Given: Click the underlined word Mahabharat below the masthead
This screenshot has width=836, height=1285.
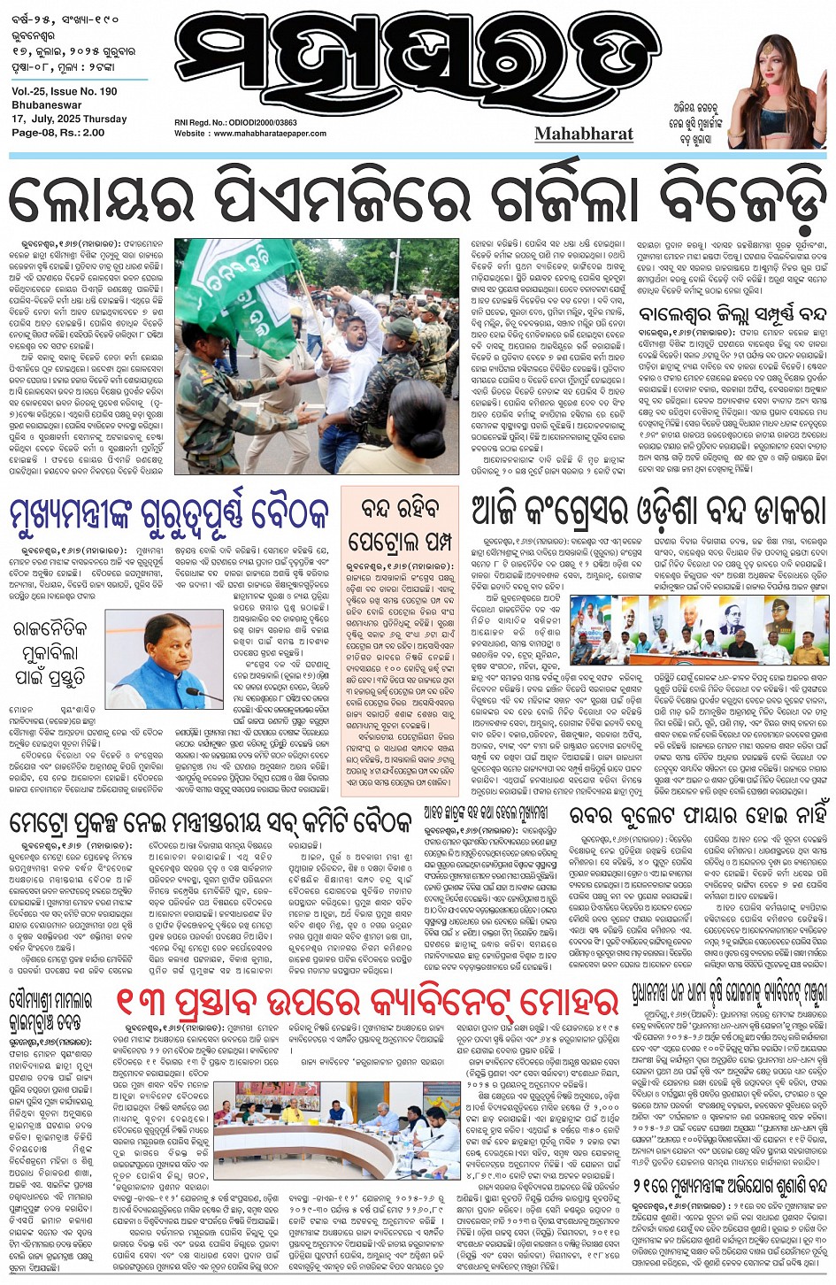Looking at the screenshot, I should (x=584, y=134).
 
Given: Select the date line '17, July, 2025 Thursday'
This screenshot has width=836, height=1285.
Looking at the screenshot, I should (x=70, y=119).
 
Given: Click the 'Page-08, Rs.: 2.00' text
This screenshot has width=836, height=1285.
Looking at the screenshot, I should (x=58, y=133).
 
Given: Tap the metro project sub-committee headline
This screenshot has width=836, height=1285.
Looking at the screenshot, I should (x=211, y=820).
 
